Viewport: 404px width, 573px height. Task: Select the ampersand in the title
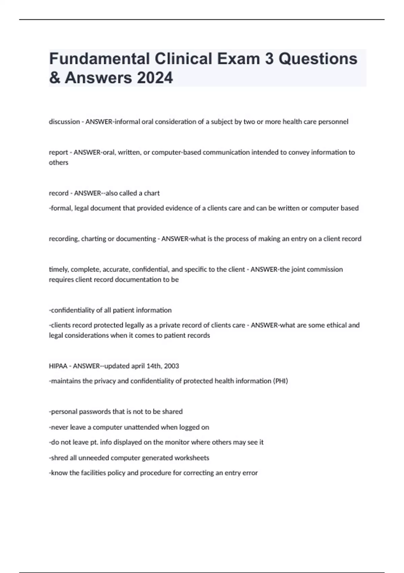coord(54,78)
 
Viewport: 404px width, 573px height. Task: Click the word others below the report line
coord(59,162)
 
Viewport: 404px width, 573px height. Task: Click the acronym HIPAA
coord(58,366)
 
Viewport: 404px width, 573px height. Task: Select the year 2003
coord(171,366)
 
